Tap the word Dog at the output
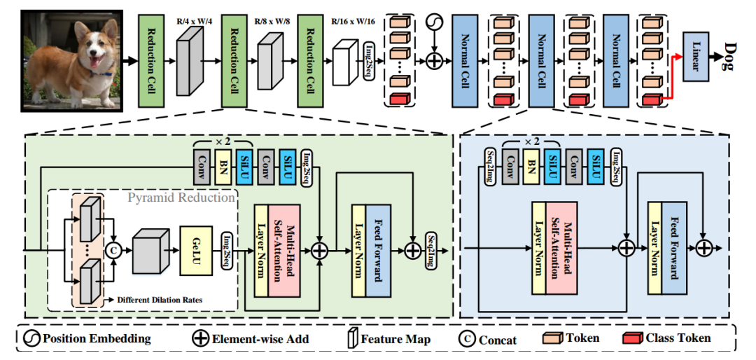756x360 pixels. click(727, 57)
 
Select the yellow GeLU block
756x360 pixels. click(196, 250)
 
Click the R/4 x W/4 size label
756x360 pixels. click(190, 22)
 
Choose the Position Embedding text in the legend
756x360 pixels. click(97, 338)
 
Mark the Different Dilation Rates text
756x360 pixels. click(159, 300)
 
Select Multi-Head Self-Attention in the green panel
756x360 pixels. click(284, 249)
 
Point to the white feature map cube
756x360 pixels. click(345, 62)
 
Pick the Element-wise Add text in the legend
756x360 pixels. click(260, 338)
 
